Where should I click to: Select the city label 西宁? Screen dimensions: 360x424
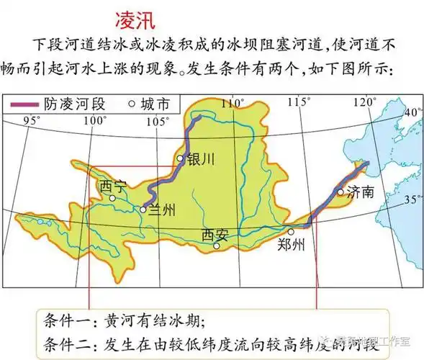click(x=114, y=186)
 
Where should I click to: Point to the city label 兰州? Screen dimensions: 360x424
click(x=163, y=210)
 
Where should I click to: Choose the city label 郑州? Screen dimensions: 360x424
click(x=291, y=244)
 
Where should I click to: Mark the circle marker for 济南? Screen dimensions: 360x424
click(x=341, y=191)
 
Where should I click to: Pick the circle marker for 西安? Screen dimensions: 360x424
click(x=216, y=246)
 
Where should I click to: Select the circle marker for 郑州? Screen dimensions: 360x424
click(x=291, y=232)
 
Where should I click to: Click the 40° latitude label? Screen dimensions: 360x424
click(x=413, y=113)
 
